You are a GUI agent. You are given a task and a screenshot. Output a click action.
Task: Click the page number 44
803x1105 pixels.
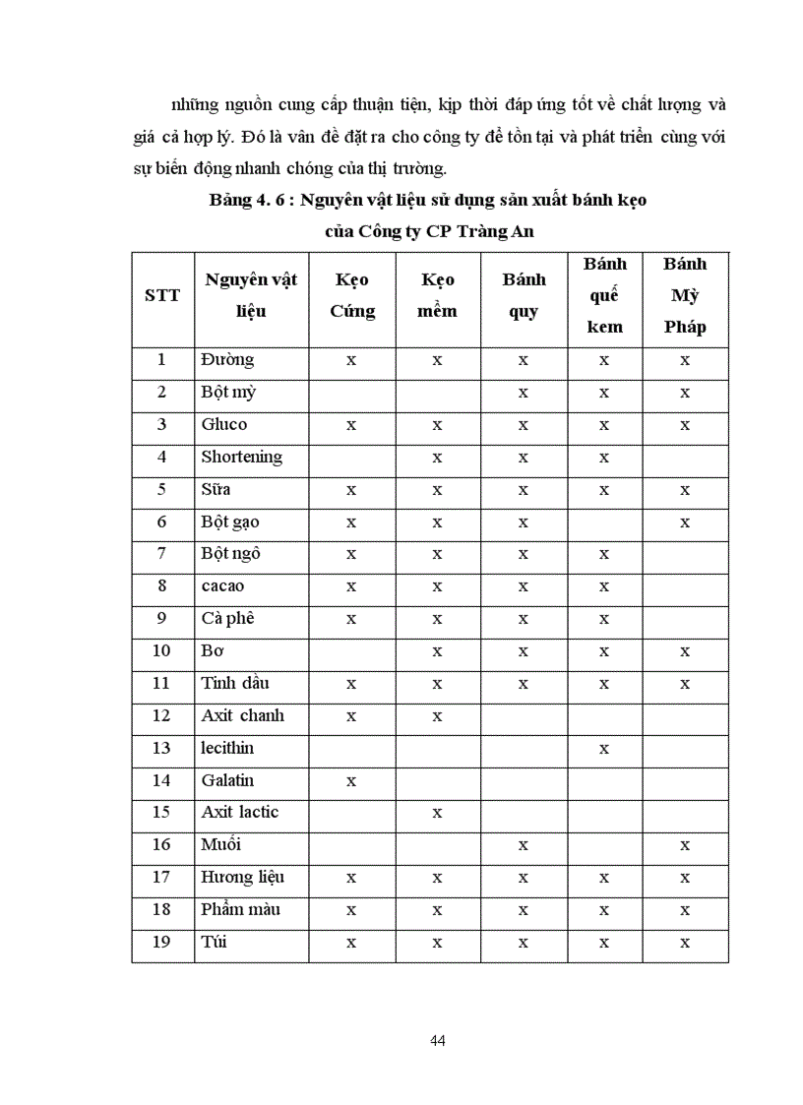click(438, 1041)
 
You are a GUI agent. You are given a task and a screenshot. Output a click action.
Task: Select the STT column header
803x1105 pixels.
click(162, 295)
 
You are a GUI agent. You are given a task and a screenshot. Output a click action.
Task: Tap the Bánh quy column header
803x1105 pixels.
click(524, 295)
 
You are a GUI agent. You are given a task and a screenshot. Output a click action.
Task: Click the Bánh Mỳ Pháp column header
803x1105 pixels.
click(685, 295)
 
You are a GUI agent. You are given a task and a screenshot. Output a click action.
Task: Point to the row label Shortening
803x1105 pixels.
click(241, 457)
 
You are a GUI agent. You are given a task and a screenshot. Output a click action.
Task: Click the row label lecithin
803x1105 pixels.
click(227, 748)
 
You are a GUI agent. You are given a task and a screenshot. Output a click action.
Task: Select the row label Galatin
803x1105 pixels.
click(227, 780)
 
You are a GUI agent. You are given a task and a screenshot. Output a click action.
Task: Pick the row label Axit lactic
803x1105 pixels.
click(240, 812)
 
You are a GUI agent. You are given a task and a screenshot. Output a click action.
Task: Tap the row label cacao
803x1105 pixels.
click(222, 586)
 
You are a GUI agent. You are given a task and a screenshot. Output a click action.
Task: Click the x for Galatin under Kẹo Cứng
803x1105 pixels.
click(351, 781)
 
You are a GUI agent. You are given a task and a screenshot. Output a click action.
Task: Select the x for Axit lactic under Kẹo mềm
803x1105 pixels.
click(438, 814)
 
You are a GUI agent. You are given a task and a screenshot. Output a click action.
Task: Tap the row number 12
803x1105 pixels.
click(162, 715)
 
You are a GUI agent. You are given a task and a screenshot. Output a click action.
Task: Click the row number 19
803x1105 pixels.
click(162, 942)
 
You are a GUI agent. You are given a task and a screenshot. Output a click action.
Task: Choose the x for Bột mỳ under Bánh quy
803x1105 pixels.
click(524, 394)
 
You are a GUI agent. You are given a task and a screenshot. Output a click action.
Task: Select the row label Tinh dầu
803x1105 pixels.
click(235, 683)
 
